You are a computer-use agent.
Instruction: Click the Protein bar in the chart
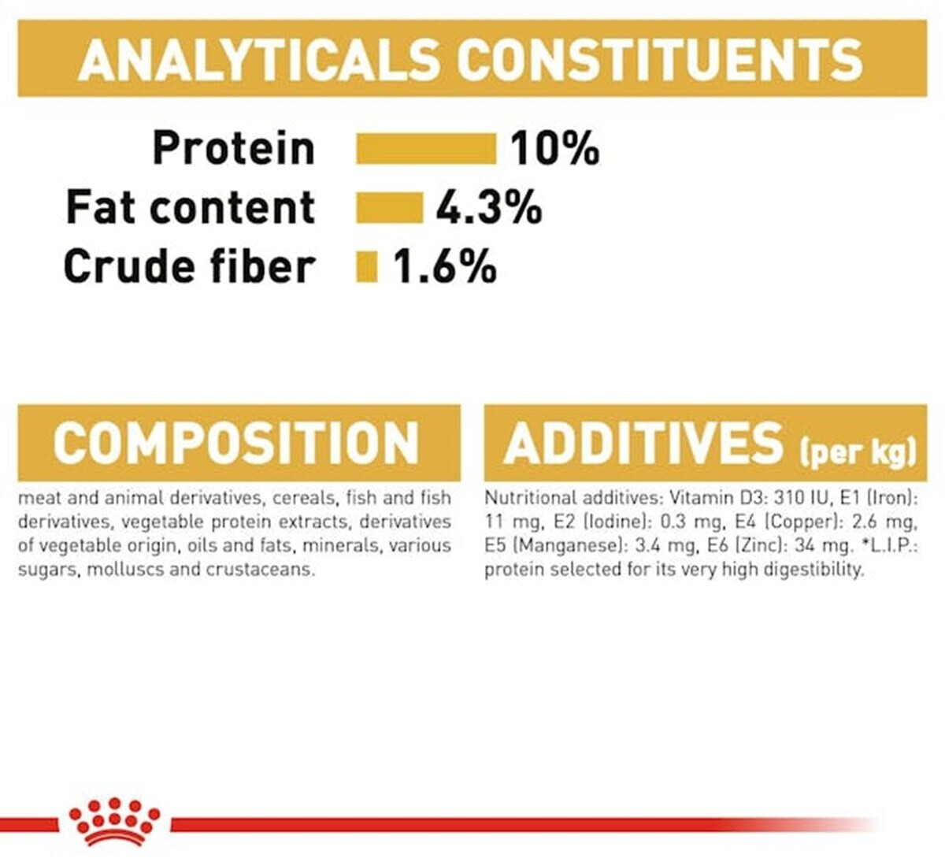click(426, 149)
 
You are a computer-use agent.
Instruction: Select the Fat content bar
click(390, 207)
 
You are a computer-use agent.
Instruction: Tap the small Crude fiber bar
click(367, 267)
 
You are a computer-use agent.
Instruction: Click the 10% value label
click(555, 148)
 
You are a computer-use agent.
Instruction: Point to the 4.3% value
click(489, 207)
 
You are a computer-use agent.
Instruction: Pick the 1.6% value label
click(444, 267)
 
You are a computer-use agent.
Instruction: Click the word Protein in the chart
click(234, 148)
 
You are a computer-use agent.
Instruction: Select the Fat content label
click(191, 207)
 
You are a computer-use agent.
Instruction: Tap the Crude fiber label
click(189, 266)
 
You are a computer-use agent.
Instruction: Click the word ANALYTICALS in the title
click(258, 61)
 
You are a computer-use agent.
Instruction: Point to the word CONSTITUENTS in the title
click(661, 61)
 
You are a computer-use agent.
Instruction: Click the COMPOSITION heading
click(236, 443)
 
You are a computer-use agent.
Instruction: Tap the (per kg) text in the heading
click(858, 451)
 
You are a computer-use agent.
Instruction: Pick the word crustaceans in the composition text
click(260, 570)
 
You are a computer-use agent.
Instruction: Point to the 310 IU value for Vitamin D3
click(806, 497)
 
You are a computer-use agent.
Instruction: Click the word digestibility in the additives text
click(813, 570)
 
